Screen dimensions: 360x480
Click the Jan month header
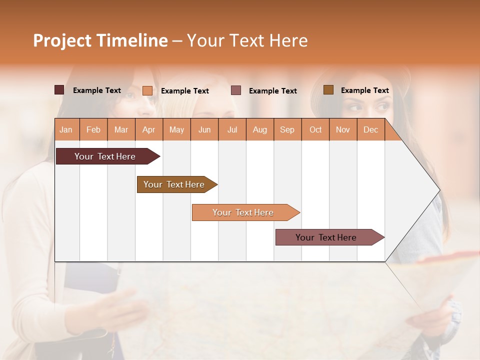(x=66, y=129)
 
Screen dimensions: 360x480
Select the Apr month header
(x=149, y=129)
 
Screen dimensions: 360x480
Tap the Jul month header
(x=232, y=129)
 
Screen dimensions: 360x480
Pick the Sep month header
(x=287, y=129)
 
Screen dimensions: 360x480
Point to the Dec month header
(x=370, y=129)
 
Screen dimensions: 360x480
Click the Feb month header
(x=93, y=129)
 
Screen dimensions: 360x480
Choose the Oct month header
(x=315, y=129)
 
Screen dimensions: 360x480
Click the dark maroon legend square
(x=59, y=90)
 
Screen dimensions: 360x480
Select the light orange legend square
(x=147, y=90)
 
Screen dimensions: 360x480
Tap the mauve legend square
(x=236, y=90)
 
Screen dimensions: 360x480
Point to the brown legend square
(x=328, y=90)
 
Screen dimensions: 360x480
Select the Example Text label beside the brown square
(x=364, y=90)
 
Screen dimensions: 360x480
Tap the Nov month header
(x=343, y=129)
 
